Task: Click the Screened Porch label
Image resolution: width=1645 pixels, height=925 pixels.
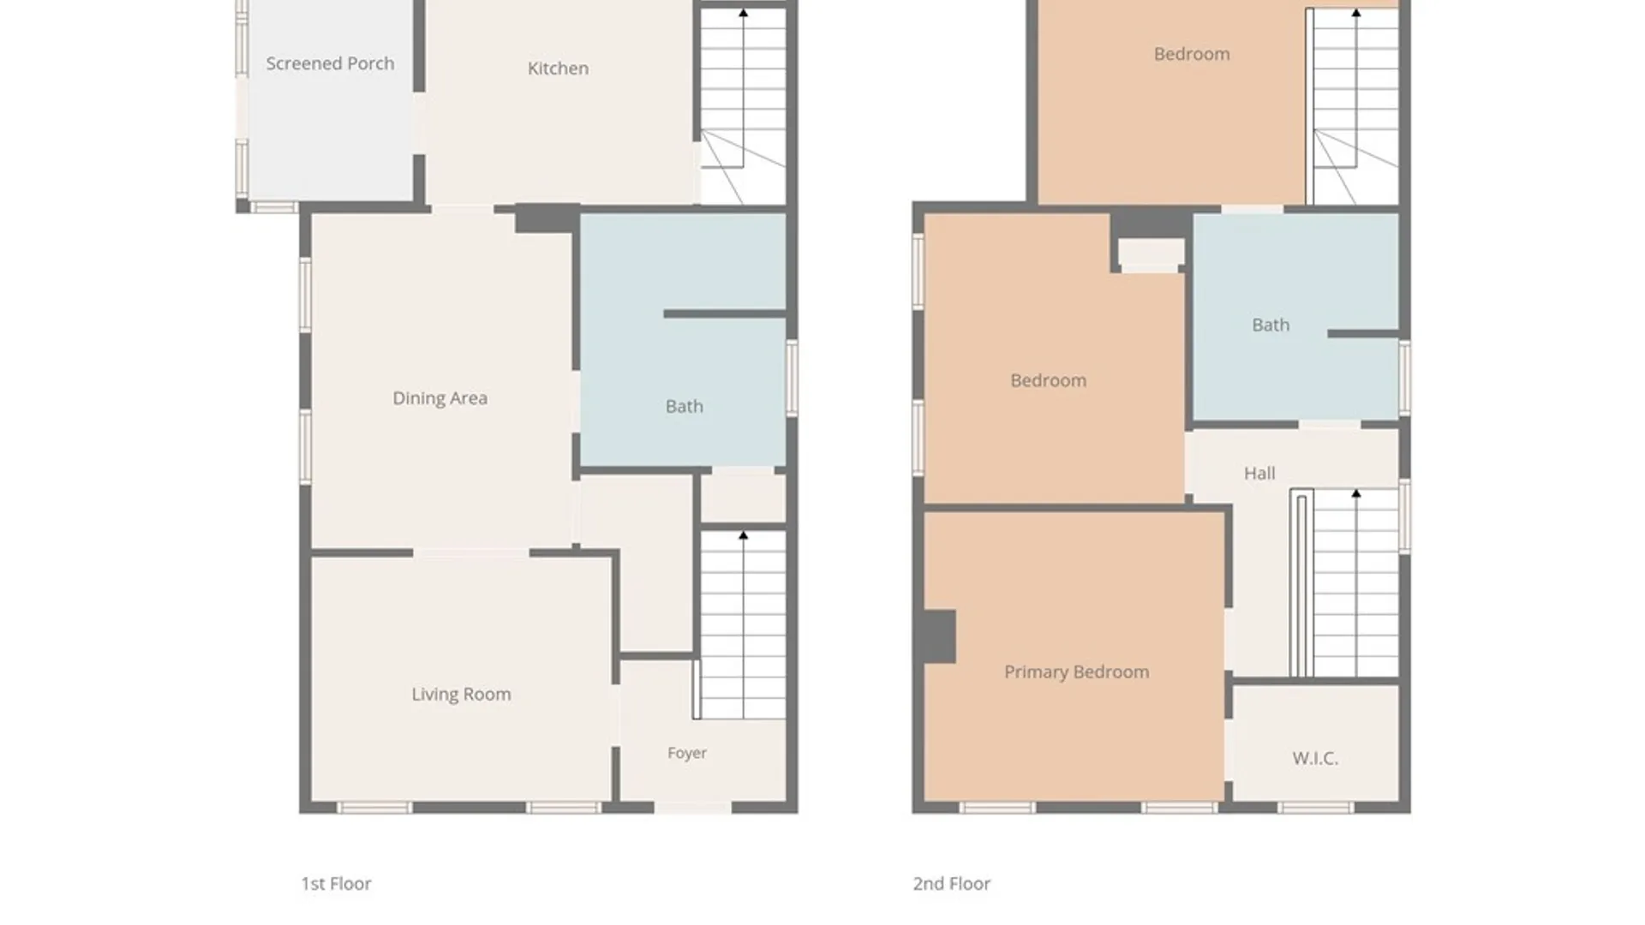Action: [x=330, y=63]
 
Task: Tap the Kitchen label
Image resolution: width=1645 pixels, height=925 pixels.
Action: [x=558, y=69]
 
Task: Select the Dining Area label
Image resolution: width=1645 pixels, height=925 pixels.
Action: [x=440, y=398]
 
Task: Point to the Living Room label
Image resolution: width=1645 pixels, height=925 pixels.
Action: [x=461, y=695]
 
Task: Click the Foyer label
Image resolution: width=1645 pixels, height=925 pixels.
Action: [x=687, y=753]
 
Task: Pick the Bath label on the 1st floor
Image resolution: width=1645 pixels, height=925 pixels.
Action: [x=684, y=407]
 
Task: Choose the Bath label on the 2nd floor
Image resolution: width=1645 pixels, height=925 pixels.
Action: [x=1271, y=325]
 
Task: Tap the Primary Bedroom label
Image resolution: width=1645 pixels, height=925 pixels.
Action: [x=1076, y=672]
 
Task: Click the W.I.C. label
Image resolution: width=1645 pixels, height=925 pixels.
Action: [x=1315, y=758]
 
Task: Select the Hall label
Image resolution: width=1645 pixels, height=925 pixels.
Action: [x=1259, y=474]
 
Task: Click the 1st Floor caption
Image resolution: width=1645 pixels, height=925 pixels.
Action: [x=336, y=884]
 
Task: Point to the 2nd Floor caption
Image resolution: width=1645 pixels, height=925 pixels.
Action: [x=951, y=884]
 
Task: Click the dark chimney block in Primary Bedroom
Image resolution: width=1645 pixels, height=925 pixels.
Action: [x=939, y=636]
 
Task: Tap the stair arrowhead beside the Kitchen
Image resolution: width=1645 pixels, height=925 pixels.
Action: [x=743, y=13]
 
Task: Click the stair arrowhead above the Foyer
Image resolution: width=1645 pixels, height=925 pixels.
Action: [x=743, y=535]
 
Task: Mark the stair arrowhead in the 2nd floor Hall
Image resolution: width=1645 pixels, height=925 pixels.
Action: [x=1355, y=494]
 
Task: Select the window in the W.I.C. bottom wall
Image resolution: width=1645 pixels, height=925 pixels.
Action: [x=1315, y=808]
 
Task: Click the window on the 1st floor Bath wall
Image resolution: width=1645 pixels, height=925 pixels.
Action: [x=792, y=378]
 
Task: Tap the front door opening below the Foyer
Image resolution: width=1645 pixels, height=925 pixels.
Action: [x=693, y=808]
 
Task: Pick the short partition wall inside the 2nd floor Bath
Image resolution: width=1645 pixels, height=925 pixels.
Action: [x=1363, y=333]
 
